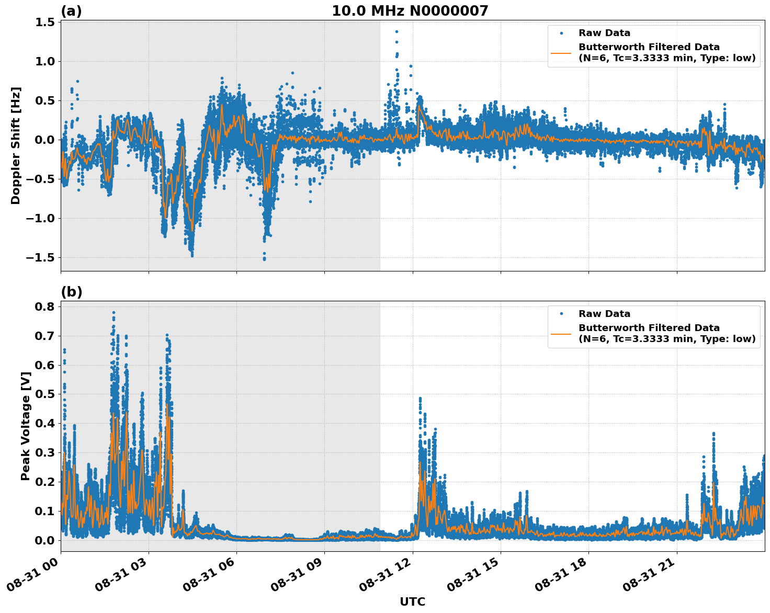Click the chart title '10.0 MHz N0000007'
(410, 11)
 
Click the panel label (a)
(71, 11)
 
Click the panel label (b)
(72, 292)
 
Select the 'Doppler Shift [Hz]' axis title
(16, 145)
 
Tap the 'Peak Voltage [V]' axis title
(26, 426)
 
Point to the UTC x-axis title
(412, 601)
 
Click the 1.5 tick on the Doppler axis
(45, 22)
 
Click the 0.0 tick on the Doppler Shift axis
(45, 140)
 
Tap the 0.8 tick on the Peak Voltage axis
(45, 306)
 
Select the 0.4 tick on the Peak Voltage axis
(45, 423)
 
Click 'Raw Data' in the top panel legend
(604, 33)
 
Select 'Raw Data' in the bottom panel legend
(604, 314)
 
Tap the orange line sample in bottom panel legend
(561, 333)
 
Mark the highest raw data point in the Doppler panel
(397, 31)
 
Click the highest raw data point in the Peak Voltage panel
(114, 312)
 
